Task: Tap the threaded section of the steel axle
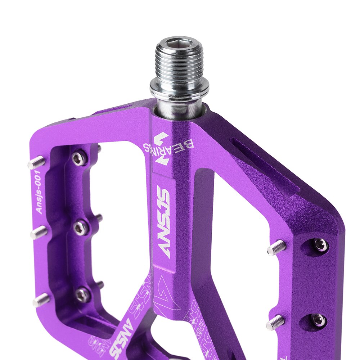179,67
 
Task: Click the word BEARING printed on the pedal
169,146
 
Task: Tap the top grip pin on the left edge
36,163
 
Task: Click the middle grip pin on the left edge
39,233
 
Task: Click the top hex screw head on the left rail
79,158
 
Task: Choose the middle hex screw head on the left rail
81,227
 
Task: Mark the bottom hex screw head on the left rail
82,295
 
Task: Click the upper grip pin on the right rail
276,248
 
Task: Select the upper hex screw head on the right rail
320,245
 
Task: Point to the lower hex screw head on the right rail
319,319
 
